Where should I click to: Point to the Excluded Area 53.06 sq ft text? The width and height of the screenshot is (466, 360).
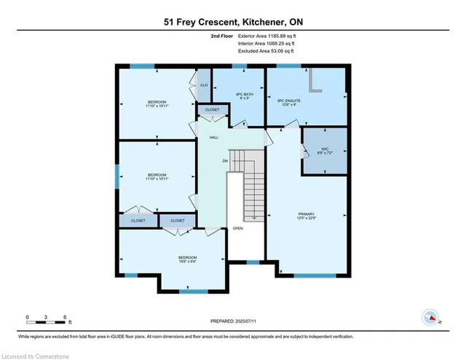click(266, 52)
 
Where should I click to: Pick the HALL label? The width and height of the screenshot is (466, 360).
click(214, 138)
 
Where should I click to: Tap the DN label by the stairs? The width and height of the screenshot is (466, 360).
click(226, 161)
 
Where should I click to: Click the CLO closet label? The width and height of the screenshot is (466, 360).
click(204, 85)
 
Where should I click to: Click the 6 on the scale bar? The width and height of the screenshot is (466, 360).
click(66, 318)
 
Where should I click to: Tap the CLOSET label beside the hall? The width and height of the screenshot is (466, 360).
click(212, 110)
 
